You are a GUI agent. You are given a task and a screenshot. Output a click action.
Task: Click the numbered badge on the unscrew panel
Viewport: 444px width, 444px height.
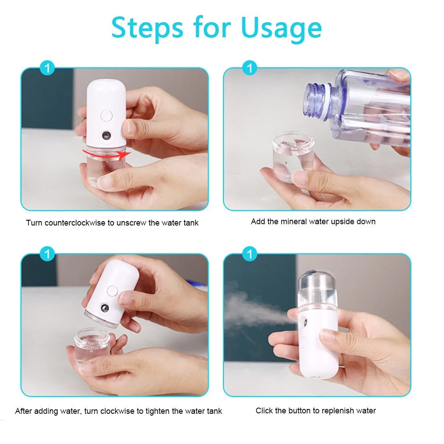pyautogui.click(x=48, y=68)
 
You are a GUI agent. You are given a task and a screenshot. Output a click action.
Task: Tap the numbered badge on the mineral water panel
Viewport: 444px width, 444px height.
pyautogui.click(x=250, y=68)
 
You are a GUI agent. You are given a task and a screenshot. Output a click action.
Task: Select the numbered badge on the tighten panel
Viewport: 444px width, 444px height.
pyautogui.click(x=48, y=254)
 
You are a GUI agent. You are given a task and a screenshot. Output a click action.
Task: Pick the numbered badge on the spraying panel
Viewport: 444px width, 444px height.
pyautogui.click(x=250, y=254)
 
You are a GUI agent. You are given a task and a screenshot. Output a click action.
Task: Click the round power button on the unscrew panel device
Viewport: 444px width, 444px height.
pyautogui.click(x=106, y=116)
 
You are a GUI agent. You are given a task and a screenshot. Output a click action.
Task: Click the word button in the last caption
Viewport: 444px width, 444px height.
pyautogui.click(x=299, y=411)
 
